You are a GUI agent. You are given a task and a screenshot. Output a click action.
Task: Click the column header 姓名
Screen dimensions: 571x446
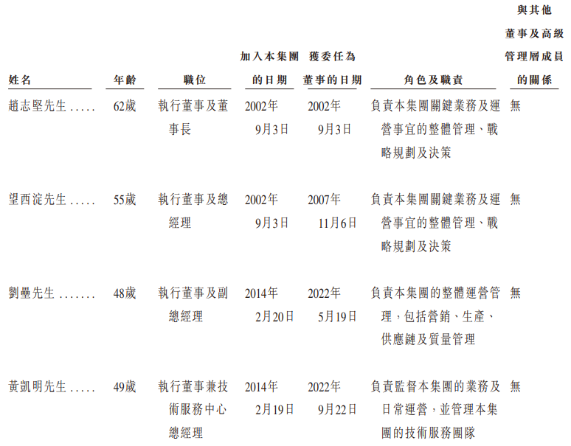(x=20, y=80)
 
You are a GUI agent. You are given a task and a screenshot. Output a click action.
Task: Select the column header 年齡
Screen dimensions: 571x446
(x=125, y=80)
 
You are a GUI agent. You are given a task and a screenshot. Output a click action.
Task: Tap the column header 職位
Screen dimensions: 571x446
(x=194, y=80)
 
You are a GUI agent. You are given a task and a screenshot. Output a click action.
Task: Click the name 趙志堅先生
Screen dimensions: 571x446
(x=38, y=106)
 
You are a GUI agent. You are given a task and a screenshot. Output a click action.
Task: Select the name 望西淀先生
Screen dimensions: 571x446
(x=38, y=200)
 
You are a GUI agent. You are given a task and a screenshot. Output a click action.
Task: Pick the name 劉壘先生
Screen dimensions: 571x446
(x=32, y=293)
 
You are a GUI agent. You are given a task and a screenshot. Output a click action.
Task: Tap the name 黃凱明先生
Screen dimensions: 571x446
(x=38, y=387)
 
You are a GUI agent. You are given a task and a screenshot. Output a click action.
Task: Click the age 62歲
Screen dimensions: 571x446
(x=125, y=106)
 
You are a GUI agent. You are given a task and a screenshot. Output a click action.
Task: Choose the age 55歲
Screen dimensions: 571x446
(x=125, y=200)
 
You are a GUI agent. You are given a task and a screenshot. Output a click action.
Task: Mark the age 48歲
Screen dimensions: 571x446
(x=125, y=293)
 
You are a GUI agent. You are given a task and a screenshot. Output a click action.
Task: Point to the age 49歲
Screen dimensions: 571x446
(x=125, y=387)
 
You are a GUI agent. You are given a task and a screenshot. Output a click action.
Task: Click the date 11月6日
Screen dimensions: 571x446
(x=338, y=223)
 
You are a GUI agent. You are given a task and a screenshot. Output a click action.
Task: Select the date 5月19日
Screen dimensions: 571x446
(x=338, y=316)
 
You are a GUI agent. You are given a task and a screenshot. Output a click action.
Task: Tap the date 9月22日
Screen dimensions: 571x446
(x=338, y=410)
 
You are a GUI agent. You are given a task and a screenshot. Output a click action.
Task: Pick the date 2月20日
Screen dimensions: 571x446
(x=275, y=316)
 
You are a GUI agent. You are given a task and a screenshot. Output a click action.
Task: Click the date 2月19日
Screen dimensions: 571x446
(x=275, y=410)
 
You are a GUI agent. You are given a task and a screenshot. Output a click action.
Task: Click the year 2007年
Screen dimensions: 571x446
(x=325, y=200)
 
